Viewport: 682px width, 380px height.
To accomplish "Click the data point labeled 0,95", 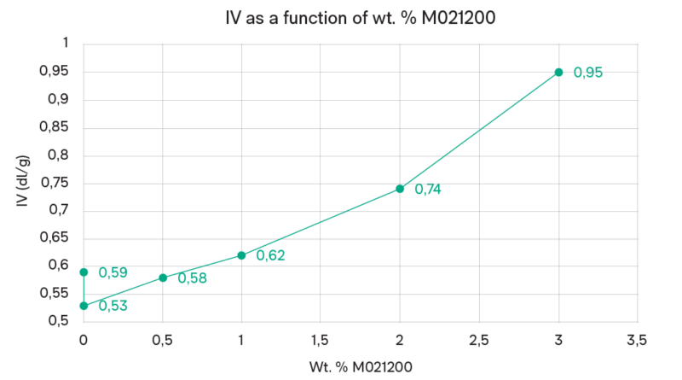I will (558, 73).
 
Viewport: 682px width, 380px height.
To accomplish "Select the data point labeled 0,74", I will (400, 189).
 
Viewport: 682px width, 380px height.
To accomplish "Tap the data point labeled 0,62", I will (241, 255).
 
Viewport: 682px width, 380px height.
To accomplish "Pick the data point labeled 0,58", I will (163, 278).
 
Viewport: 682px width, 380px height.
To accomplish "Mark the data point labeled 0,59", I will (84, 272).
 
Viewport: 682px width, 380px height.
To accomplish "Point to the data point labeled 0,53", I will (84, 306).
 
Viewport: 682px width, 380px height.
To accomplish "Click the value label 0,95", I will (588, 73).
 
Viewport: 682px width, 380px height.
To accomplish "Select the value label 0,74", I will (429, 190).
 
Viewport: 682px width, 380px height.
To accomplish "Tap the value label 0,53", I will (113, 306).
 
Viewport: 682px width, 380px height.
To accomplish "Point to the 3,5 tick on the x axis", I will (637, 340).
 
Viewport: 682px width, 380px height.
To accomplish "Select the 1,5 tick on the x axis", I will (321, 340).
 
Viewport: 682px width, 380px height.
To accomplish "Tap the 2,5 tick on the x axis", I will (479, 340).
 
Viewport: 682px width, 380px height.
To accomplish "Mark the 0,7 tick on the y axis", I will (59, 211).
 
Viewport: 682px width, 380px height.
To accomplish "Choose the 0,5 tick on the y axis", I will (58, 321).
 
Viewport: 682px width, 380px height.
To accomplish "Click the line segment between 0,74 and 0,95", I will (479, 131).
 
